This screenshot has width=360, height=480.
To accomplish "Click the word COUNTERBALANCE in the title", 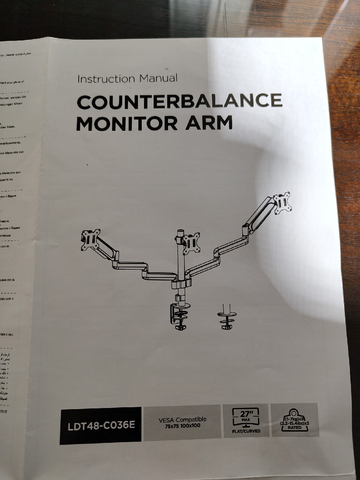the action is (x=179, y=101).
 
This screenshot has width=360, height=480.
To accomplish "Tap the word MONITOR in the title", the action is (x=123, y=123).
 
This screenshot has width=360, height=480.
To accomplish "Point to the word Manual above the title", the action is (x=158, y=78).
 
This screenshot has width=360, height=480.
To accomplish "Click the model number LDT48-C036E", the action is (x=101, y=426).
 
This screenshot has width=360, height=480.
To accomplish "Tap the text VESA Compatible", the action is (x=182, y=420).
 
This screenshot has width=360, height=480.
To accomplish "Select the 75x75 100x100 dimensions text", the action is (x=182, y=426).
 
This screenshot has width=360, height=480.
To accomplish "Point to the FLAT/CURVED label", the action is (x=246, y=431).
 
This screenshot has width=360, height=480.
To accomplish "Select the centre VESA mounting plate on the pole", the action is (x=191, y=243).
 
